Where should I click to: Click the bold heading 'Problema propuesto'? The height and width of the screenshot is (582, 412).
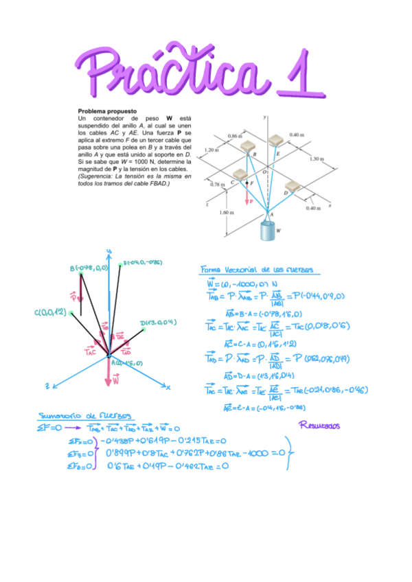click(x=107, y=111)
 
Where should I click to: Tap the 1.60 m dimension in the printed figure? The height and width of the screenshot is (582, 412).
click(x=225, y=212)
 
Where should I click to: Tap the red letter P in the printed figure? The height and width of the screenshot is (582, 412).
click(x=251, y=202)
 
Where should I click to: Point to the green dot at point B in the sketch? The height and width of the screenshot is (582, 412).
click(x=81, y=274)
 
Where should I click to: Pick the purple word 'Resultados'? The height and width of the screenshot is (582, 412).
click(x=320, y=426)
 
